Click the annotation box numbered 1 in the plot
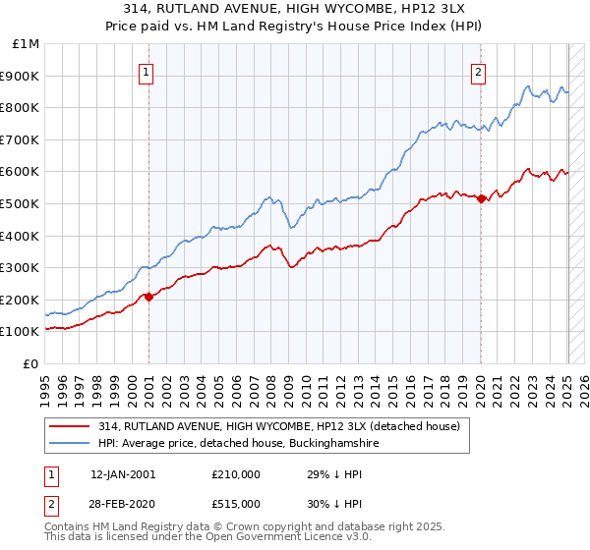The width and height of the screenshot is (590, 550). (x=146, y=71)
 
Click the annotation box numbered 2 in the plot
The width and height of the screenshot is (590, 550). (x=478, y=71)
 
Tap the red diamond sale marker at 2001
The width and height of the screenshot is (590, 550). (x=148, y=296)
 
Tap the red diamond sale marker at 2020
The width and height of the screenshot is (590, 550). (x=481, y=198)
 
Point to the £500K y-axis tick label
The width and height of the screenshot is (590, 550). (x=20, y=203)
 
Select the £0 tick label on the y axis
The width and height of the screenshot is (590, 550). (x=31, y=363)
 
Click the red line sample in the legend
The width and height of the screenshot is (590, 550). (x=71, y=425)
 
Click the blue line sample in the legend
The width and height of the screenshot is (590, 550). (x=71, y=444)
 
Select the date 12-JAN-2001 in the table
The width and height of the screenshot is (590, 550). (x=122, y=474)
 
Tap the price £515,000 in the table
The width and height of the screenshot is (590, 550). (x=235, y=503)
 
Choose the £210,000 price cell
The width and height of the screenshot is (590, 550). (x=235, y=474)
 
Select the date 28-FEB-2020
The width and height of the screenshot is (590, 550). (x=122, y=503)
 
